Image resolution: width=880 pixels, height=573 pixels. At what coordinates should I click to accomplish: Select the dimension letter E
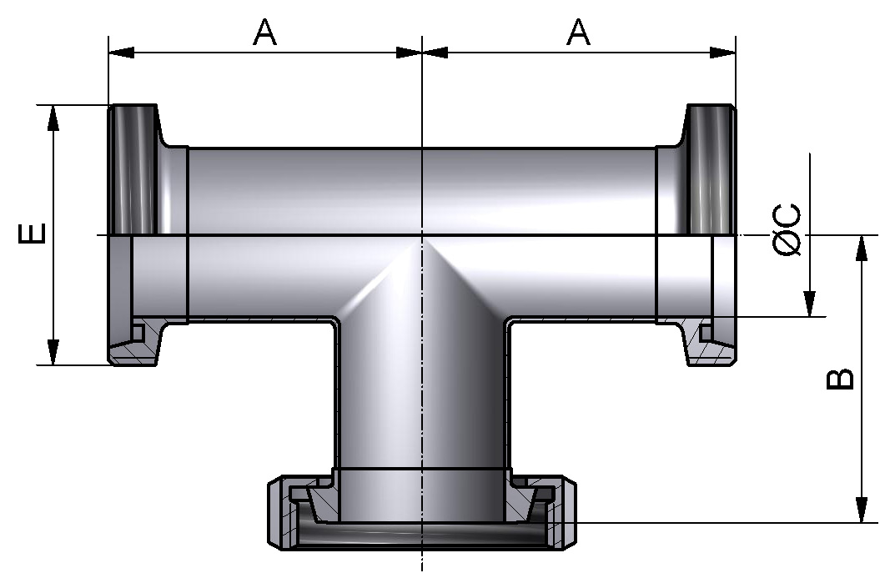tap(32, 234)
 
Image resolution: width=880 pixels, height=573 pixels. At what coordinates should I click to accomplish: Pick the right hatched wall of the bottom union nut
tap(565, 517)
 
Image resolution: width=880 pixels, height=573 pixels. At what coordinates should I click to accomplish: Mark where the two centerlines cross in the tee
tap(423, 235)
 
